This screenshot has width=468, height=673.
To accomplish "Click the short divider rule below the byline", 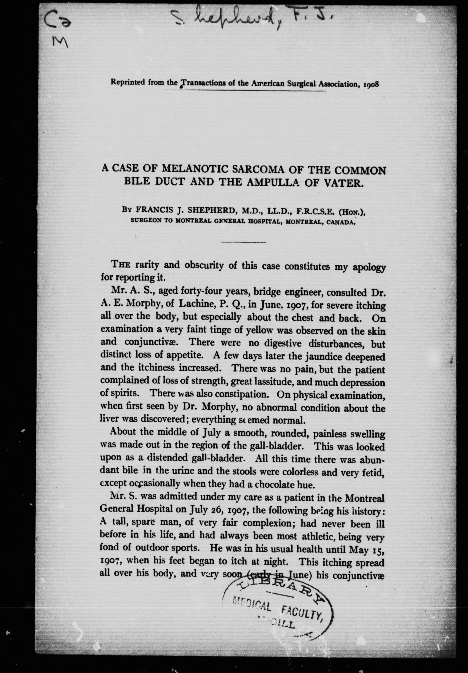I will [x=243, y=242].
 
